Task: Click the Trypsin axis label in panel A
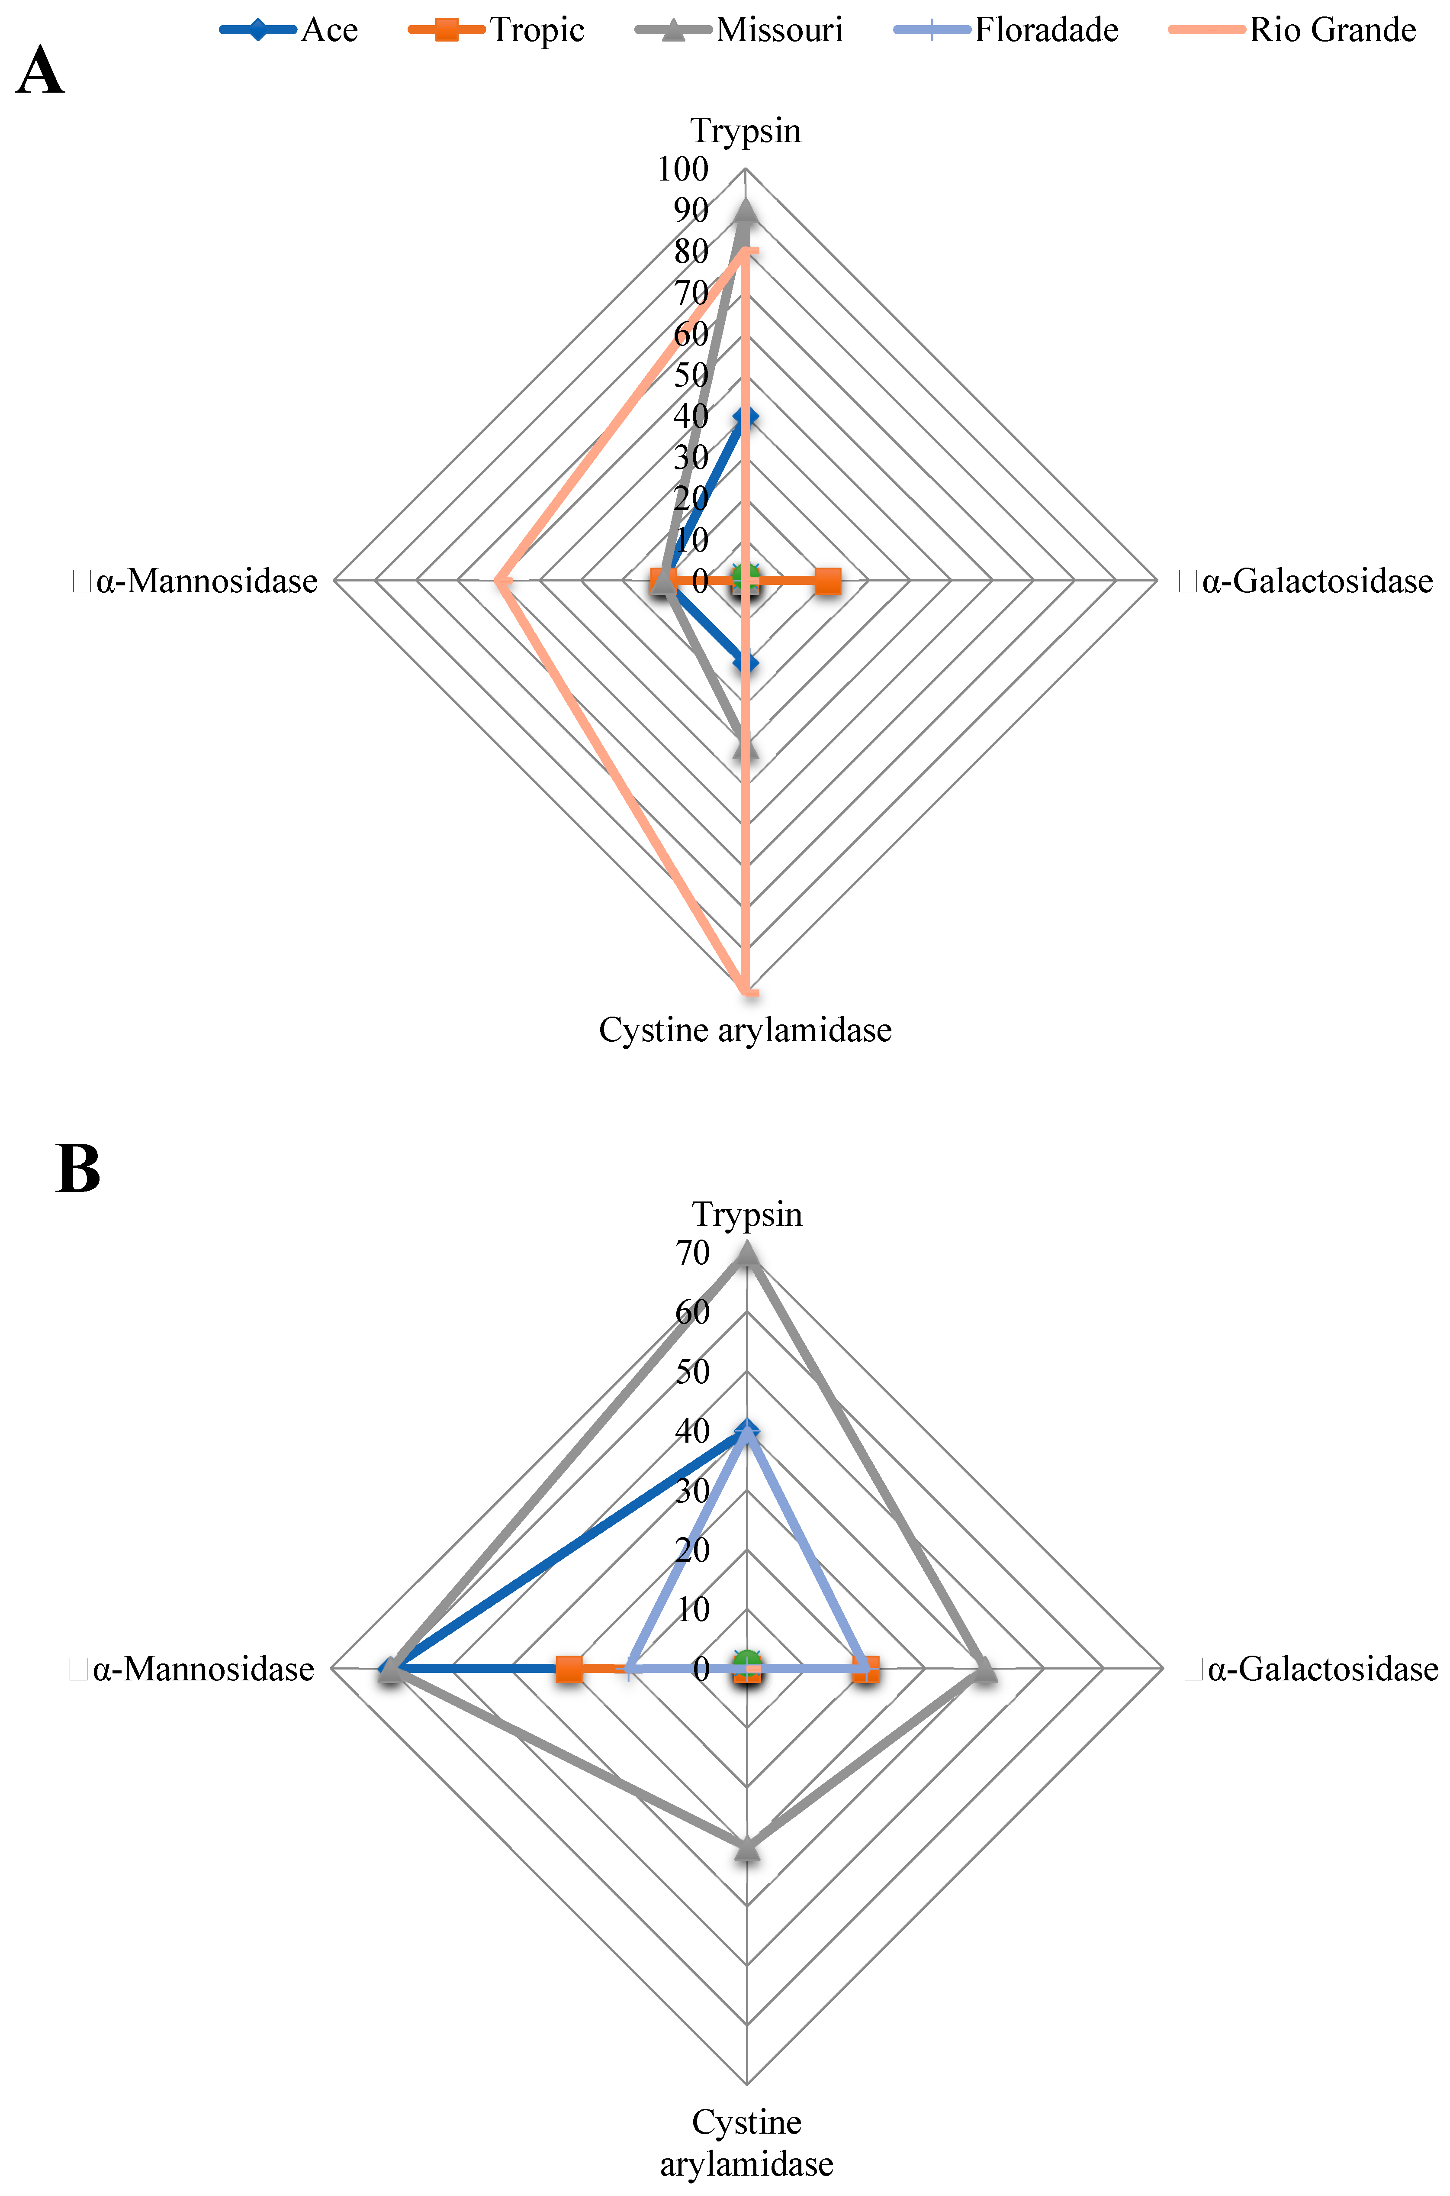coord(746,130)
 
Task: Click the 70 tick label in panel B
coord(692,1253)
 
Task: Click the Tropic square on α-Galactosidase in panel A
coord(828,581)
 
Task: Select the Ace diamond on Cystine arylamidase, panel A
coord(746,662)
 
